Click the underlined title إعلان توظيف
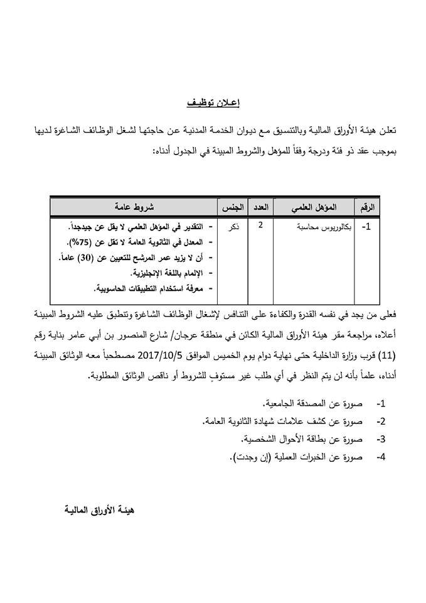click(x=213, y=102)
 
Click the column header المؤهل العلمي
click(x=313, y=207)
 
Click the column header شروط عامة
click(x=133, y=207)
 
